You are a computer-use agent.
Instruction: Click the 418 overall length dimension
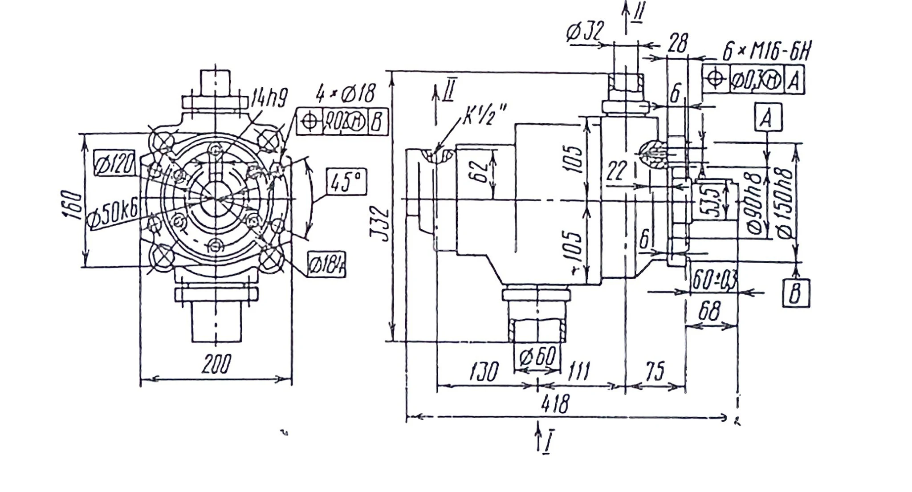click(555, 404)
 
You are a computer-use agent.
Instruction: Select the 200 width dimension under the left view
click(216, 364)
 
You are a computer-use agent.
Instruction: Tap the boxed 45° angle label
click(346, 182)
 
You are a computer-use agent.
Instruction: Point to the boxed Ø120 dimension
click(115, 163)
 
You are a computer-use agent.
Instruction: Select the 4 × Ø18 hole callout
click(346, 94)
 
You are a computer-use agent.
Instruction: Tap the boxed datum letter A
click(768, 118)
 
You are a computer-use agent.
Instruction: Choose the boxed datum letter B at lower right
click(796, 293)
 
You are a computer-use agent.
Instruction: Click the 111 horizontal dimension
click(579, 371)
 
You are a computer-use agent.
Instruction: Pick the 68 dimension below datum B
click(709, 311)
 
